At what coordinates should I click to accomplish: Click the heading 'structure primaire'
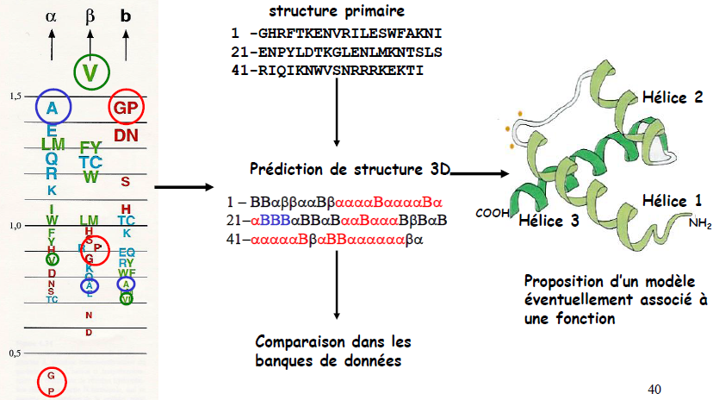[330, 12]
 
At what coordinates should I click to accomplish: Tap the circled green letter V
[91, 72]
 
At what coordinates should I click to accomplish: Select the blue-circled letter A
[53, 109]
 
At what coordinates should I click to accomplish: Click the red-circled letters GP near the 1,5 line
[126, 109]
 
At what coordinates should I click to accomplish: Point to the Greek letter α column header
[52, 16]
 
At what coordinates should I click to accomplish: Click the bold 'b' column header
[127, 16]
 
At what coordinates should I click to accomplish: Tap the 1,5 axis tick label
[15, 96]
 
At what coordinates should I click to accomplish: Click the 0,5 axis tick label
[15, 353]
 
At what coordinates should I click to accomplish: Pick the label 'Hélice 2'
[672, 97]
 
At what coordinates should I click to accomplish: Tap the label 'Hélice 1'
[672, 201]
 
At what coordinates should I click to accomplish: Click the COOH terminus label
[491, 212]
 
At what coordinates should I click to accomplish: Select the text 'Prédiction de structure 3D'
[350, 168]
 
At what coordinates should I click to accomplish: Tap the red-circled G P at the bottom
[51, 384]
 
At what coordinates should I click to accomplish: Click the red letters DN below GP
[126, 134]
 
